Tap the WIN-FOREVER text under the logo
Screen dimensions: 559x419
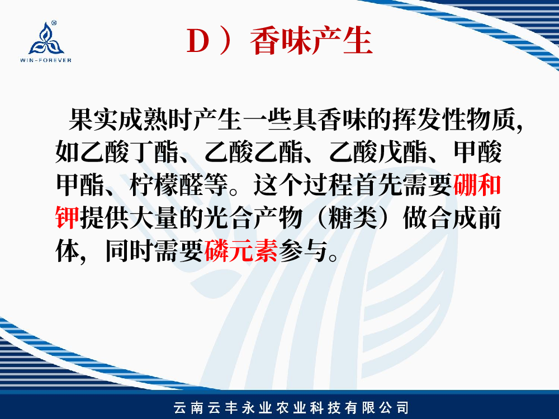[46, 60]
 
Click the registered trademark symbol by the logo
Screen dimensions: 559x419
[54, 23]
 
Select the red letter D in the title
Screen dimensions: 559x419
[198, 41]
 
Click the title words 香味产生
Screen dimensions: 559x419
[311, 41]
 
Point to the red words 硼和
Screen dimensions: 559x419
[477, 185]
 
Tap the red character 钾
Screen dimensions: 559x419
[68, 217]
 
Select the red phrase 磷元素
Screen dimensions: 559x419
[241, 250]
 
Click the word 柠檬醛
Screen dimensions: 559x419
[166, 185]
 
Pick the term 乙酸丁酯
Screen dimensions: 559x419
[130, 153]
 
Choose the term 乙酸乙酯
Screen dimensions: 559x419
[254, 153]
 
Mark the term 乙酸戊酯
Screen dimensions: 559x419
[378, 153]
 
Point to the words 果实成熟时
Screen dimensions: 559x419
[130, 120]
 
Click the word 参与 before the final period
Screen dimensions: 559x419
[303, 250]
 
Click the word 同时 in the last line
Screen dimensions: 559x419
[130, 250]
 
